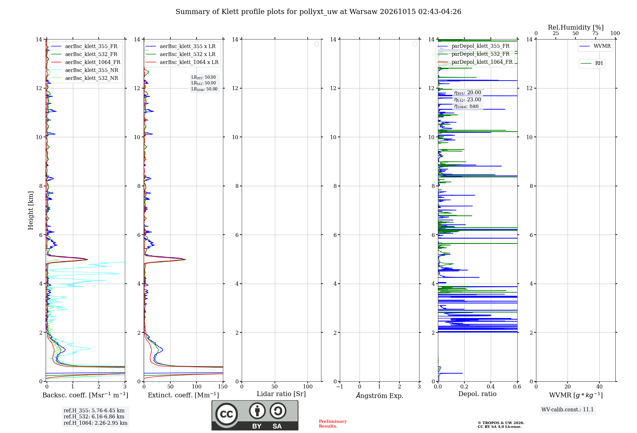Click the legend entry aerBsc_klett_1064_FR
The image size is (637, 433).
[x=86, y=62]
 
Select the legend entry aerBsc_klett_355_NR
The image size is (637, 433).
[x=85, y=70]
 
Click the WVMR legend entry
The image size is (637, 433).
[x=595, y=46]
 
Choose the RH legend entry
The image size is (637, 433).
[x=592, y=63]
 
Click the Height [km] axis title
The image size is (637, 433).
[x=31, y=210]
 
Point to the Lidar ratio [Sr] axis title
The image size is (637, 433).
[x=281, y=394]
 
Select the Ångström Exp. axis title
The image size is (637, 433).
[x=380, y=395]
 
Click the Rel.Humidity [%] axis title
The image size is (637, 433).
[x=576, y=27]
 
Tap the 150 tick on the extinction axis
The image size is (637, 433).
[x=223, y=387]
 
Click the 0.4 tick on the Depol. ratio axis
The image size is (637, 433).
[x=491, y=387]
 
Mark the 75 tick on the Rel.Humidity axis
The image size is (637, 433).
[x=595, y=33]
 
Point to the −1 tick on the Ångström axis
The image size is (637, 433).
[x=340, y=387]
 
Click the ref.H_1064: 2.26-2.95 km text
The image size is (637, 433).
[x=96, y=423]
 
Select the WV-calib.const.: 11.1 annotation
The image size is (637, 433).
[x=568, y=410]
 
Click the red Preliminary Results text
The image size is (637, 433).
[x=333, y=424]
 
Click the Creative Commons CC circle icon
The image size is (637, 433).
[x=226, y=414]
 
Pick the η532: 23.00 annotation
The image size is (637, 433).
[x=468, y=100]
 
